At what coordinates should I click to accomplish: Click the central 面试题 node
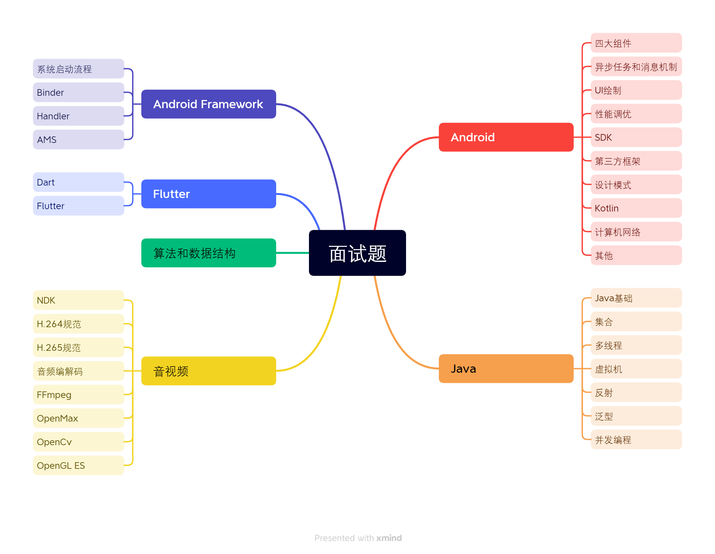tap(357, 253)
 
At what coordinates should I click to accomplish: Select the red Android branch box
tap(506, 137)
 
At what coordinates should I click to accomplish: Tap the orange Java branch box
tap(506, 368)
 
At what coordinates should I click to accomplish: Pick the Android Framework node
tap(208, 104)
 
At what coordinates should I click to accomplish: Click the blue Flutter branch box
tap(208, 194)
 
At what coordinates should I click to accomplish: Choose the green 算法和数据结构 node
tap(208, 253)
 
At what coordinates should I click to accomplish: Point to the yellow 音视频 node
tap(208, 371)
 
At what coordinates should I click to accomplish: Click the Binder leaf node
tap(78, 92)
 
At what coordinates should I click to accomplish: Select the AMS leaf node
tap(78, 140)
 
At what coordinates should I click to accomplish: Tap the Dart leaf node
tap(78, 182)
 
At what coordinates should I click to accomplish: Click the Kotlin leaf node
tap(636, 208)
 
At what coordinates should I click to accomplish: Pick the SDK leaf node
tap(636, 137)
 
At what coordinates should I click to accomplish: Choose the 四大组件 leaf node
tap(636, 43)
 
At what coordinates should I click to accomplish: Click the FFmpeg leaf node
tap(78, 395)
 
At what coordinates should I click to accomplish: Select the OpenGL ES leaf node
tap(78, 465)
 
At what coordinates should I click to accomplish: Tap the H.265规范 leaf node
tap(78, 347)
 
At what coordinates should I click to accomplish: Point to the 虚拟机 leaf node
tap(636, 369)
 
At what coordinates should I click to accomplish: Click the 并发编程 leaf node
tap(636, 440)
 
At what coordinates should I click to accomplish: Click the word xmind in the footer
tap(389, 538)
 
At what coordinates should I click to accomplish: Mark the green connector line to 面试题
tap(292, 253)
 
